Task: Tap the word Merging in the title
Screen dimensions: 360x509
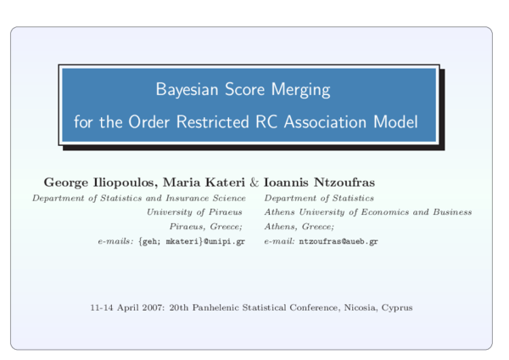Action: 300,89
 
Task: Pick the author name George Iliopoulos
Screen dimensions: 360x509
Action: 96,183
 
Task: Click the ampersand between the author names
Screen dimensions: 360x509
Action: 255,183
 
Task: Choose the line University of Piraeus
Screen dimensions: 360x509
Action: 194,212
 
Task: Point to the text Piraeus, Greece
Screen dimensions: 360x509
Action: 206,227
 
